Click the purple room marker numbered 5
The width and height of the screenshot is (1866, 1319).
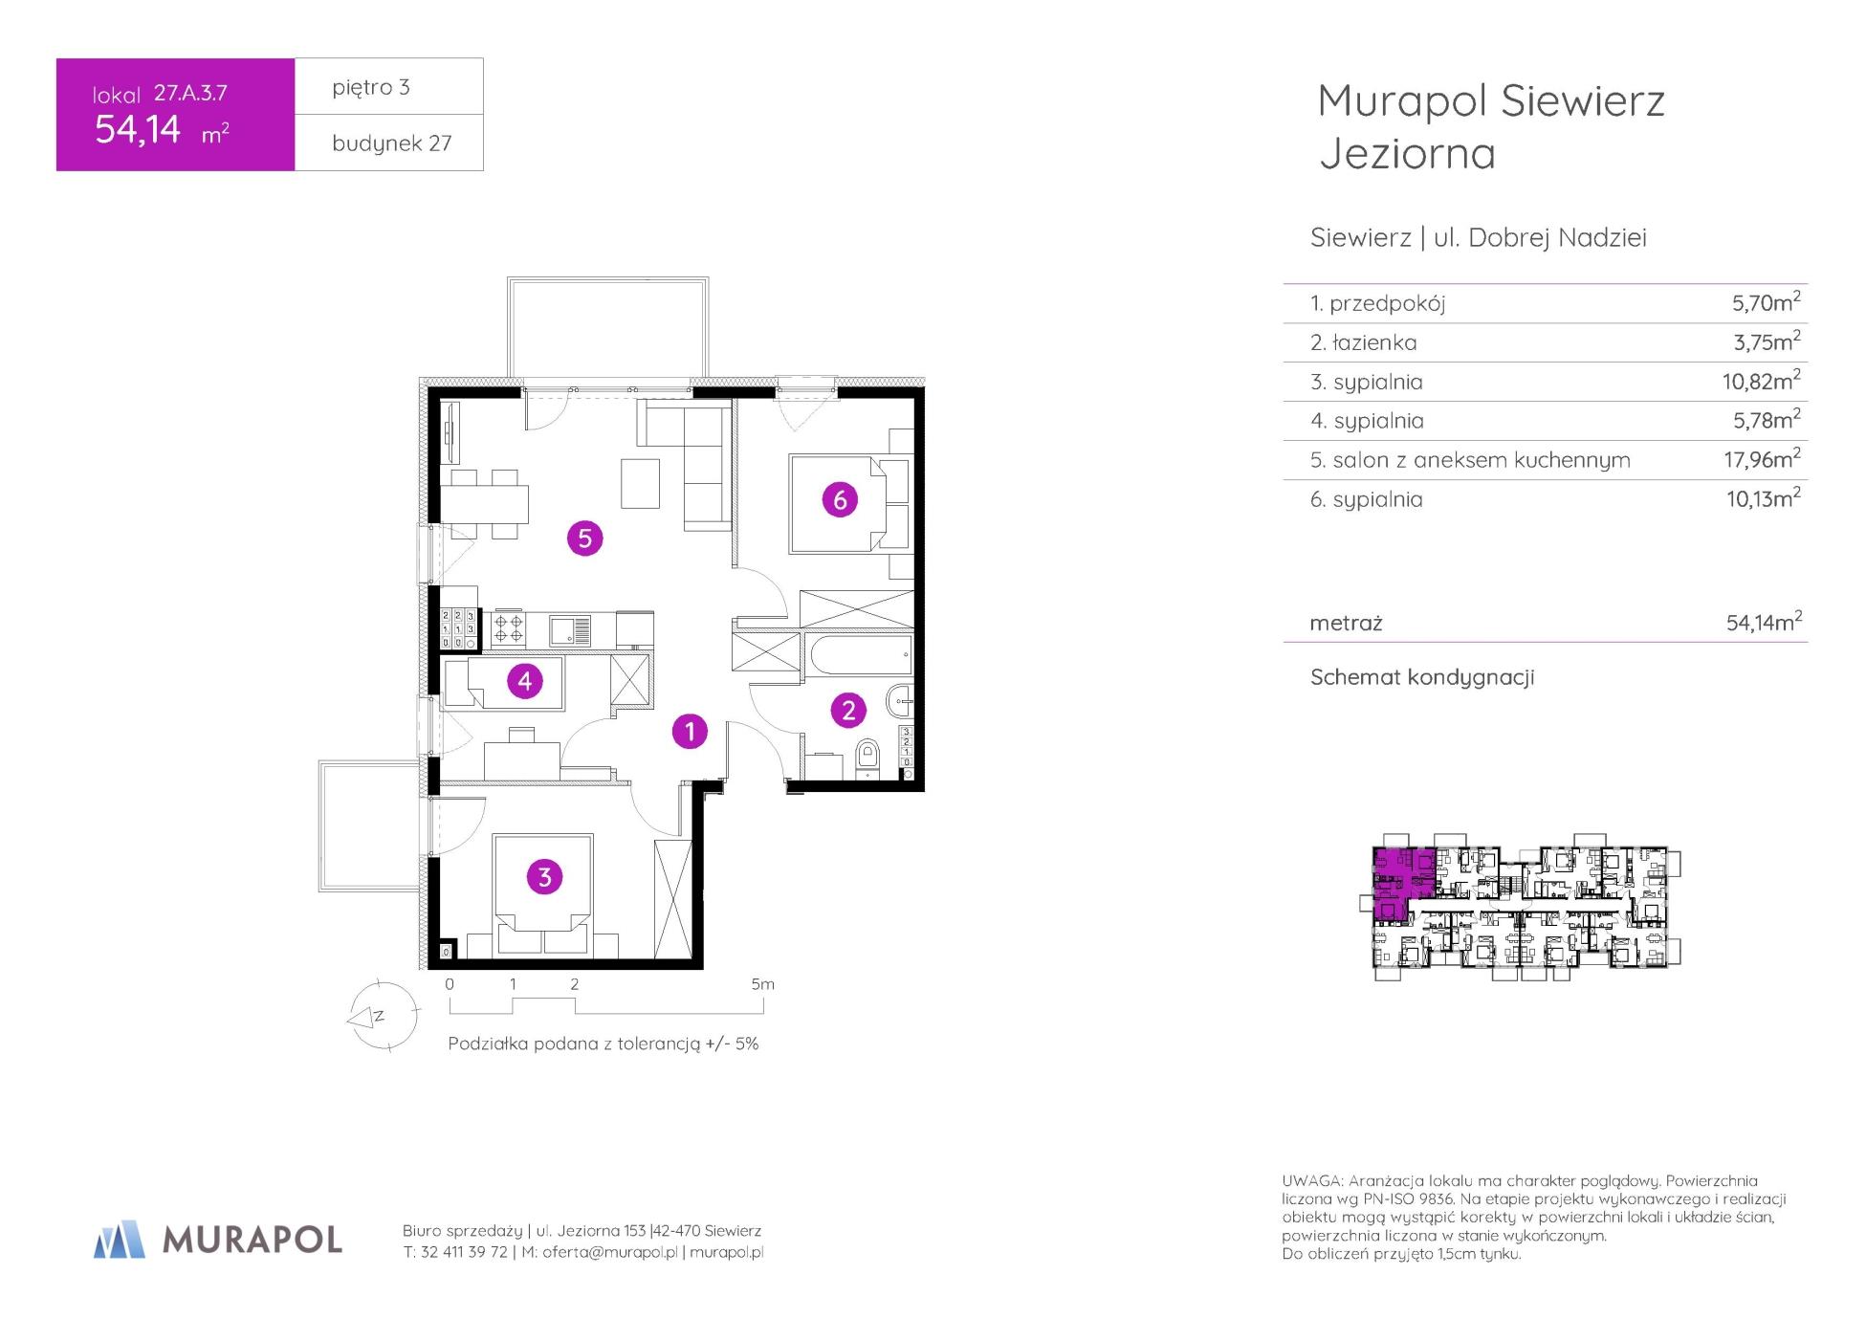[x=584, y=539]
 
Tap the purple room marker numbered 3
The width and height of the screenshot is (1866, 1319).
[x=544, y=877]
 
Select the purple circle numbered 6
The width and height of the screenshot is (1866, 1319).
[x=840, y=499]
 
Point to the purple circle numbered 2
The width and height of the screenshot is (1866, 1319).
[x=848, y=710]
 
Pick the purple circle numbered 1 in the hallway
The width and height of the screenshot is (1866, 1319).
[x=690, y=732]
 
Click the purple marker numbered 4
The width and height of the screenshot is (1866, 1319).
[x=524, y=681]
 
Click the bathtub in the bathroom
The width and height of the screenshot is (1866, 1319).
[x=858, y=653]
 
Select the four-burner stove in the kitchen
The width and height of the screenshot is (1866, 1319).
[x=508, y=628]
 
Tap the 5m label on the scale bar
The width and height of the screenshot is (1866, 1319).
[x=762, y=983]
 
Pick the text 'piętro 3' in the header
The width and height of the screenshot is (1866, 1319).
[x=371, y=88]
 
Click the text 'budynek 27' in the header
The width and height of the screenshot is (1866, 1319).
[x=391, y=143]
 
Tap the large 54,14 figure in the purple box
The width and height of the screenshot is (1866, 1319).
[x=138, y=129]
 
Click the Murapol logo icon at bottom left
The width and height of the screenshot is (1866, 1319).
[x=120, y=1239]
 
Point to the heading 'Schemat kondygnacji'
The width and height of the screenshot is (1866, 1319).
[x=1422, y=677]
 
